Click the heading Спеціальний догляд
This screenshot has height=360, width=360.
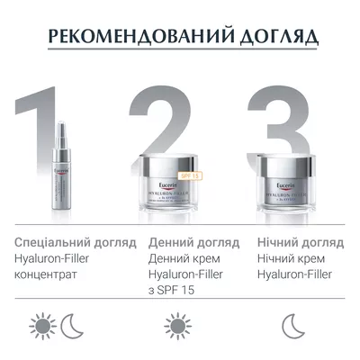76,243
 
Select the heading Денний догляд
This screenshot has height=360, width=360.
193,243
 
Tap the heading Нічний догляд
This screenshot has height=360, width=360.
300,243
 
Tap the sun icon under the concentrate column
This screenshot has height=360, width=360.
42,325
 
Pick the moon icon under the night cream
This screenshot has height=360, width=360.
290,325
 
